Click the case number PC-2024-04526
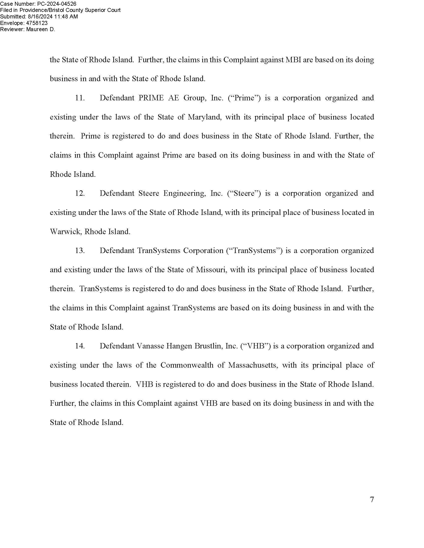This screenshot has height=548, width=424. coord(57,3)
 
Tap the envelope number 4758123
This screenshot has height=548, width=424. coord(37,23)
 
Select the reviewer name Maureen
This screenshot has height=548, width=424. coord(37,29)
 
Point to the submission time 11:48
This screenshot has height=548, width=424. coord(61,16)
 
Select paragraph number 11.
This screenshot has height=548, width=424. coord(80,98)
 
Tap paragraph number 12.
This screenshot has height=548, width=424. coord(80,193)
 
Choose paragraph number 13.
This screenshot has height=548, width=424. coord(80,250)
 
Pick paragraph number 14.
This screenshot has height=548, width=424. coord(80,346)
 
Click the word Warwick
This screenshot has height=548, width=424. coord(66,231)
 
